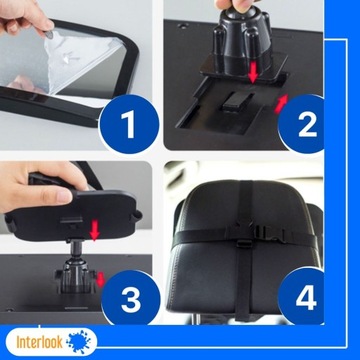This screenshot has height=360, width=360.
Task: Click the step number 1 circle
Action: (x=129, y=124)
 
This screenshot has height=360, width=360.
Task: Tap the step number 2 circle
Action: (x=302, y=124)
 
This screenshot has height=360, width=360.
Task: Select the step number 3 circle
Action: (x=131, y=297)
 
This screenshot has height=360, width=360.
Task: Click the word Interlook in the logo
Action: (x=39, y=342)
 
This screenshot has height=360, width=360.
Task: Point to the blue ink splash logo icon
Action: (x=79, y=342)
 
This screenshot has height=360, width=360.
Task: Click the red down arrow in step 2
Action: (x=253, y=72)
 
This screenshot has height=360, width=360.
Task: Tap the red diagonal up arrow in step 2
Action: (x=281, y=104)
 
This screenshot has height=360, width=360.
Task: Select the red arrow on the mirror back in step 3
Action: (x=95, y=230)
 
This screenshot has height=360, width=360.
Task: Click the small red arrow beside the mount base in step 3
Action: (x=100, y=280)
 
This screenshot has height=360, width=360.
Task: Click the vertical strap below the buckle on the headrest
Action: (x=244, y=280)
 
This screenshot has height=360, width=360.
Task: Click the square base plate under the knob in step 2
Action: (x=244, y=68)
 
